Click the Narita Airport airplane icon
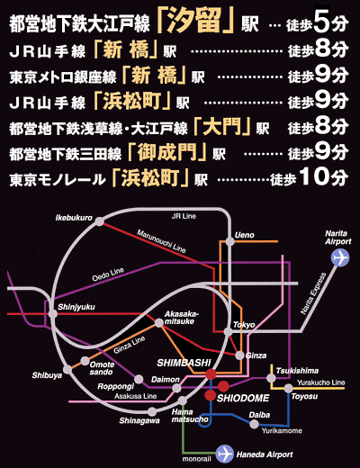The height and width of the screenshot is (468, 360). pos(340,257)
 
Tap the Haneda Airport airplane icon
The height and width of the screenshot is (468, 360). pos(224,454)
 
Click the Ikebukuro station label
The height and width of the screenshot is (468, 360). pos(74,218)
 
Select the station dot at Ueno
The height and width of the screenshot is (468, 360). pos(229,241)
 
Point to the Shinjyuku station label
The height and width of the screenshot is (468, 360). pos(76,307)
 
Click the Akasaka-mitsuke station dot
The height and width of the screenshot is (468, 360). pos(159,323)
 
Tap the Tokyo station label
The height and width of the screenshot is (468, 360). pos(244,325)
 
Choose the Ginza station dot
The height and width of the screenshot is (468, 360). pos(239,355)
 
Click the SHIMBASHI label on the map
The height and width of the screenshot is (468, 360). pos(184,363)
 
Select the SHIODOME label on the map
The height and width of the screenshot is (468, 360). pos(243,399)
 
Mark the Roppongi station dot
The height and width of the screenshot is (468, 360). pos(139,379)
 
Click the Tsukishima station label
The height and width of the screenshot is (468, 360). pos(297,371)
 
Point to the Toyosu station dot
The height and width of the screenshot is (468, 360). pos(288,388)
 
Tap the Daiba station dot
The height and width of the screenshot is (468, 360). pos(255,424)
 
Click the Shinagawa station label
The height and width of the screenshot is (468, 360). pos(139,421)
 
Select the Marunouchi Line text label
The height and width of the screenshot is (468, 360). pos(161,241)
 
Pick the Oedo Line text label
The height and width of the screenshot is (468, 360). pos(108,274)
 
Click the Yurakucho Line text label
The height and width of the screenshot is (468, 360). pos(321,382)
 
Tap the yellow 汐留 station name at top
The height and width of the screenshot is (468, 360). pos(194,21)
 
